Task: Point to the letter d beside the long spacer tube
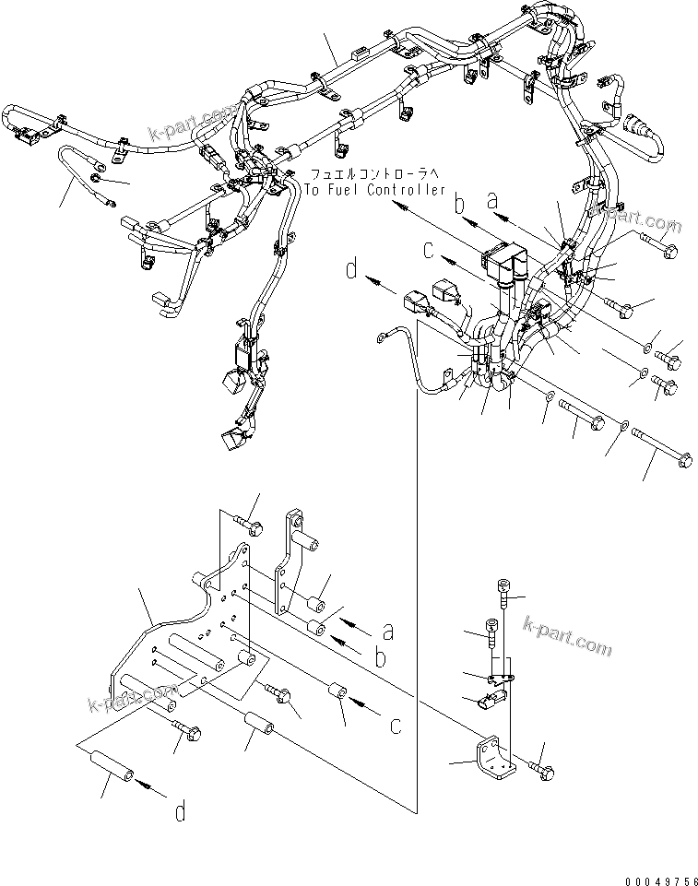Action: pos(181,811)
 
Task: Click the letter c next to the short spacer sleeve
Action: pos(395,726)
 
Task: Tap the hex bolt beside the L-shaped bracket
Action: pos(540,767)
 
